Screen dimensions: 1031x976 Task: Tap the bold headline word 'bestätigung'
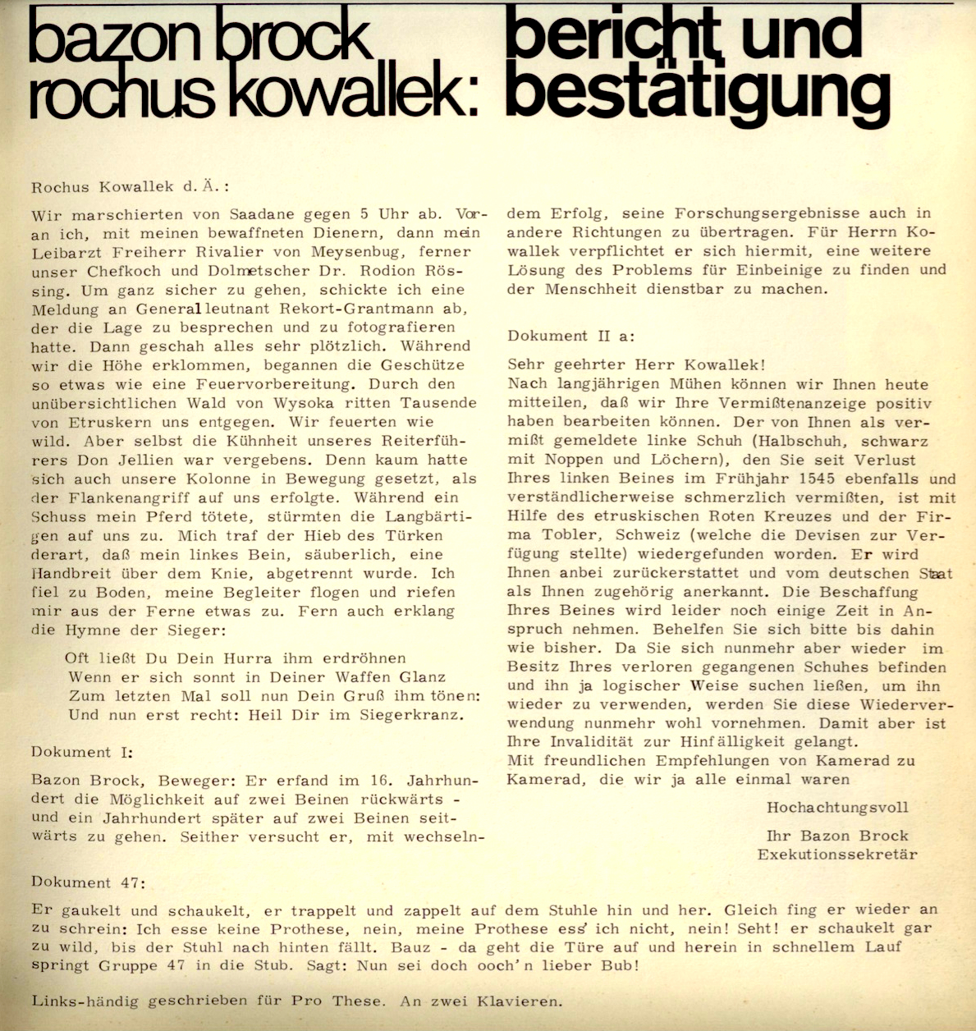tap(698, 95)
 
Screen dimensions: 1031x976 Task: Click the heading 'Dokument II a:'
tap(570, 336)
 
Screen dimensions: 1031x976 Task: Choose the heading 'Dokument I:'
tap(81, 752)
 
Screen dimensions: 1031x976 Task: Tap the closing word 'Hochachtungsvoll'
tap(837, 808)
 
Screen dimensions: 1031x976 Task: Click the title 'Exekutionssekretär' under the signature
tap(836, 855)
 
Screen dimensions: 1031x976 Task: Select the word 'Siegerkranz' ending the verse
tap(410, 714)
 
